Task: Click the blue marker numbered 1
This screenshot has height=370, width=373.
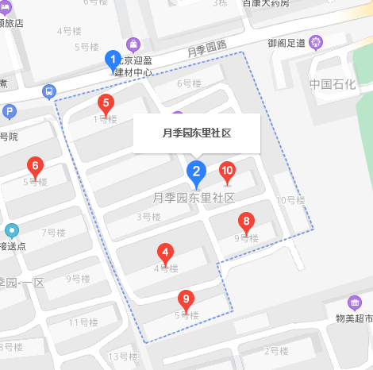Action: pos(113,60)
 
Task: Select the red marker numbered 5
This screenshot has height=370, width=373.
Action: pos(106,103)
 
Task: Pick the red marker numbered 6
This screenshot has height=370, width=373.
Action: pos(34,167)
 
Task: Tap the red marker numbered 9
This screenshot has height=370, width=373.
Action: pos(186,300)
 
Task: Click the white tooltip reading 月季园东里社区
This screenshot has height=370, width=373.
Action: pos(197,133)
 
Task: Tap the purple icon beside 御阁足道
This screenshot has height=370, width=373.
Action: pos(317,41)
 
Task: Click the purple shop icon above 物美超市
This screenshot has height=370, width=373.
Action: pos(355,303)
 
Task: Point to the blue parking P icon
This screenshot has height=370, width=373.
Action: pos(10,111)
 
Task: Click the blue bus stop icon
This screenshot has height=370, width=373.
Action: pos(49,91)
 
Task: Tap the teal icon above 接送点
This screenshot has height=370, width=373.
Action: pos(11,230)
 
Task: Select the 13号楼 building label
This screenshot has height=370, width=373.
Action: pos(123,356)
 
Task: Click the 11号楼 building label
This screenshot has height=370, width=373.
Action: pos(83,322)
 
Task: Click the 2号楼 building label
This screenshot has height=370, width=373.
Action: pos(276,350)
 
